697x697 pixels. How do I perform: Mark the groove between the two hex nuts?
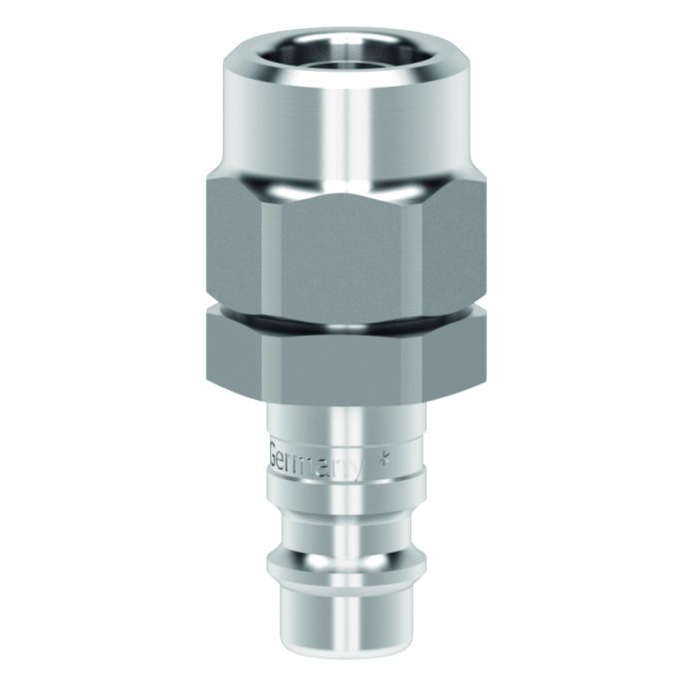click(348, 316)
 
